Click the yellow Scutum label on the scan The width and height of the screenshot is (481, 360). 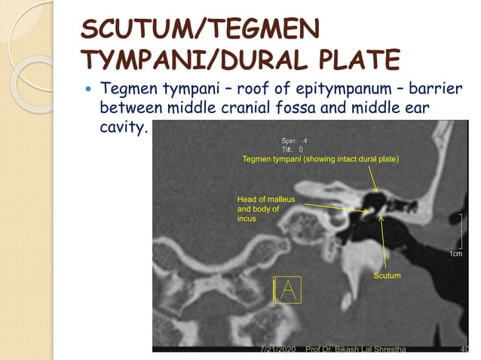[x=387, y=276]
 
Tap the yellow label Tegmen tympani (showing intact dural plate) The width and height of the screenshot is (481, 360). [x=320, y=159]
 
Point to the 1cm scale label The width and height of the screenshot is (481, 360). [x=455, y=254]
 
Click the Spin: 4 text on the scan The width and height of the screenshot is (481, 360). [x=294, y=141]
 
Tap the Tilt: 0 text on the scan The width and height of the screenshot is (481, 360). [x=292, y=149]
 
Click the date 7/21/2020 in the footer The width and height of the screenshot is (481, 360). [x=277, y=351]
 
